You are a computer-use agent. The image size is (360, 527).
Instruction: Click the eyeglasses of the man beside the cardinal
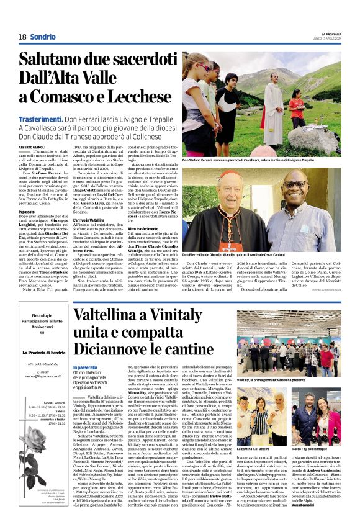(x=296, y=186)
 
